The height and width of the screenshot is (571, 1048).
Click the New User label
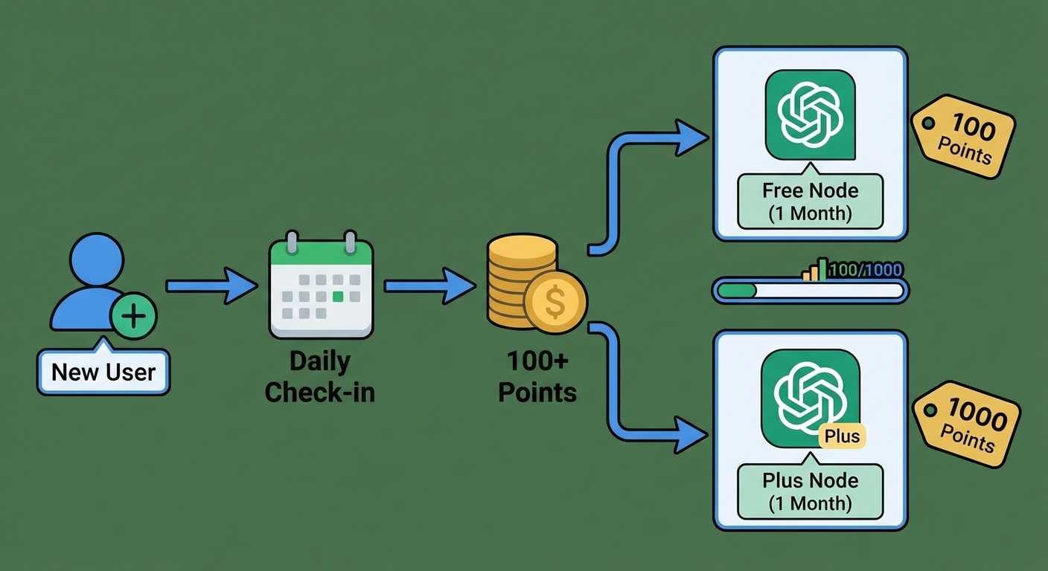click(x=103, y=371)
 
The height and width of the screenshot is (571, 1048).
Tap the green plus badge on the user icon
click(x=133, y=317)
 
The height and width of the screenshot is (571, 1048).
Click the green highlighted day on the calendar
click(x=338, y=297)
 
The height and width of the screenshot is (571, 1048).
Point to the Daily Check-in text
click(x=320, y=377)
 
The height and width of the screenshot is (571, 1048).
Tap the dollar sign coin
click(x=555, y=302)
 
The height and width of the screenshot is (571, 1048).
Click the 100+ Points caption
click(x=537, y=377)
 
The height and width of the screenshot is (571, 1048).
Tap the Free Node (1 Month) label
click(x=810, y=201)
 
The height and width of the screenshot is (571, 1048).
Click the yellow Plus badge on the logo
click(x=843, y=436)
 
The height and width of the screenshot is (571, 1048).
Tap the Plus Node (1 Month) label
click(x=810, y=491)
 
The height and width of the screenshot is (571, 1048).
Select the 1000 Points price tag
click(x=967, y=425)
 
